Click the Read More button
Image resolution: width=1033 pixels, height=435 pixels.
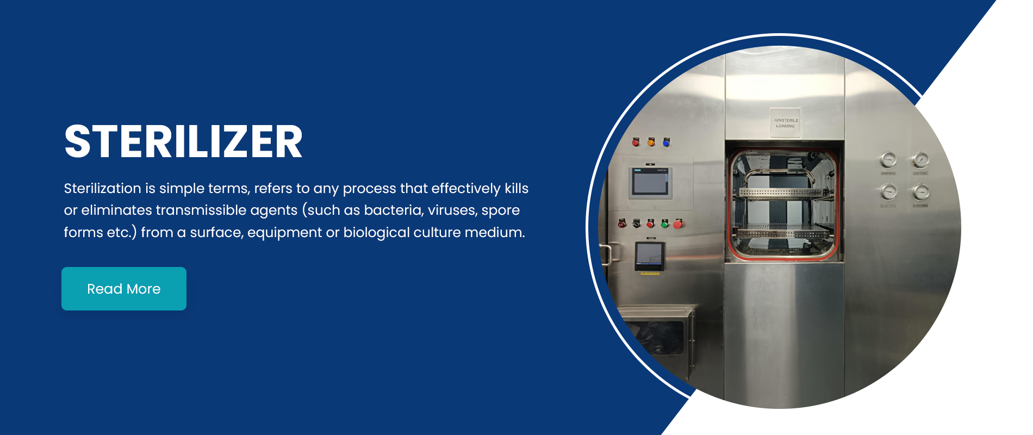(x=124, y=289)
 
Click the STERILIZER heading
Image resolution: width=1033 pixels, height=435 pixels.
(x=183, y=142)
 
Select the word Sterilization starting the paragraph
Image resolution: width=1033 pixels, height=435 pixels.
(x=102, y=188)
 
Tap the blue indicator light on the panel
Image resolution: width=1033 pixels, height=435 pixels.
(x=666, y=142)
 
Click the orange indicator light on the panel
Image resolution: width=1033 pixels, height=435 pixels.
(x=651, y=142)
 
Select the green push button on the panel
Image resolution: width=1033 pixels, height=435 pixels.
(x=664, y=223)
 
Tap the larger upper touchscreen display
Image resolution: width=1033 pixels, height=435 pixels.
(x=650, y=182)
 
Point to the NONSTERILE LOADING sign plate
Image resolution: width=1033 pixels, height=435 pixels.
(x=786, y=123)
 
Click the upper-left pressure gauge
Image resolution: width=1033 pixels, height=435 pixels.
(x=888, y=160)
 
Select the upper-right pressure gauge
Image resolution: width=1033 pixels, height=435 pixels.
(x=920, y=160)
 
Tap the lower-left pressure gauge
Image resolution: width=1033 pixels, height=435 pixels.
(x=888, y=192)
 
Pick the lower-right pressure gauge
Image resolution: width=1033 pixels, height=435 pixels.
(x=920, y=192)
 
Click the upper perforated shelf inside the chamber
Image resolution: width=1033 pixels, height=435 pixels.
(x=783, y=192)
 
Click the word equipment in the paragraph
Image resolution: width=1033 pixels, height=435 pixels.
(x=284, y=232)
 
